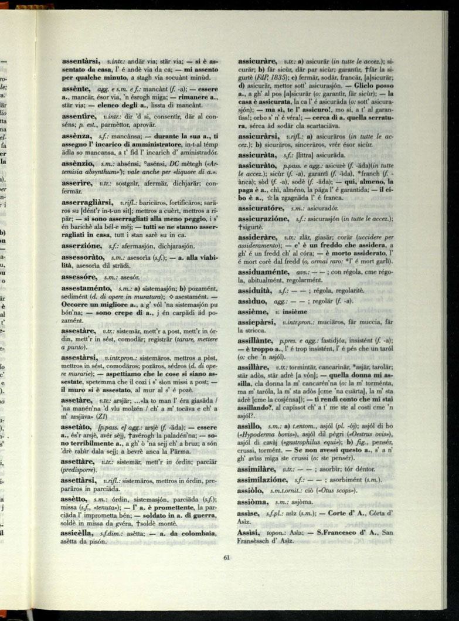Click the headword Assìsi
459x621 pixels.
tap(249, 532)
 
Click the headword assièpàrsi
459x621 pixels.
tap(259, 322)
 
